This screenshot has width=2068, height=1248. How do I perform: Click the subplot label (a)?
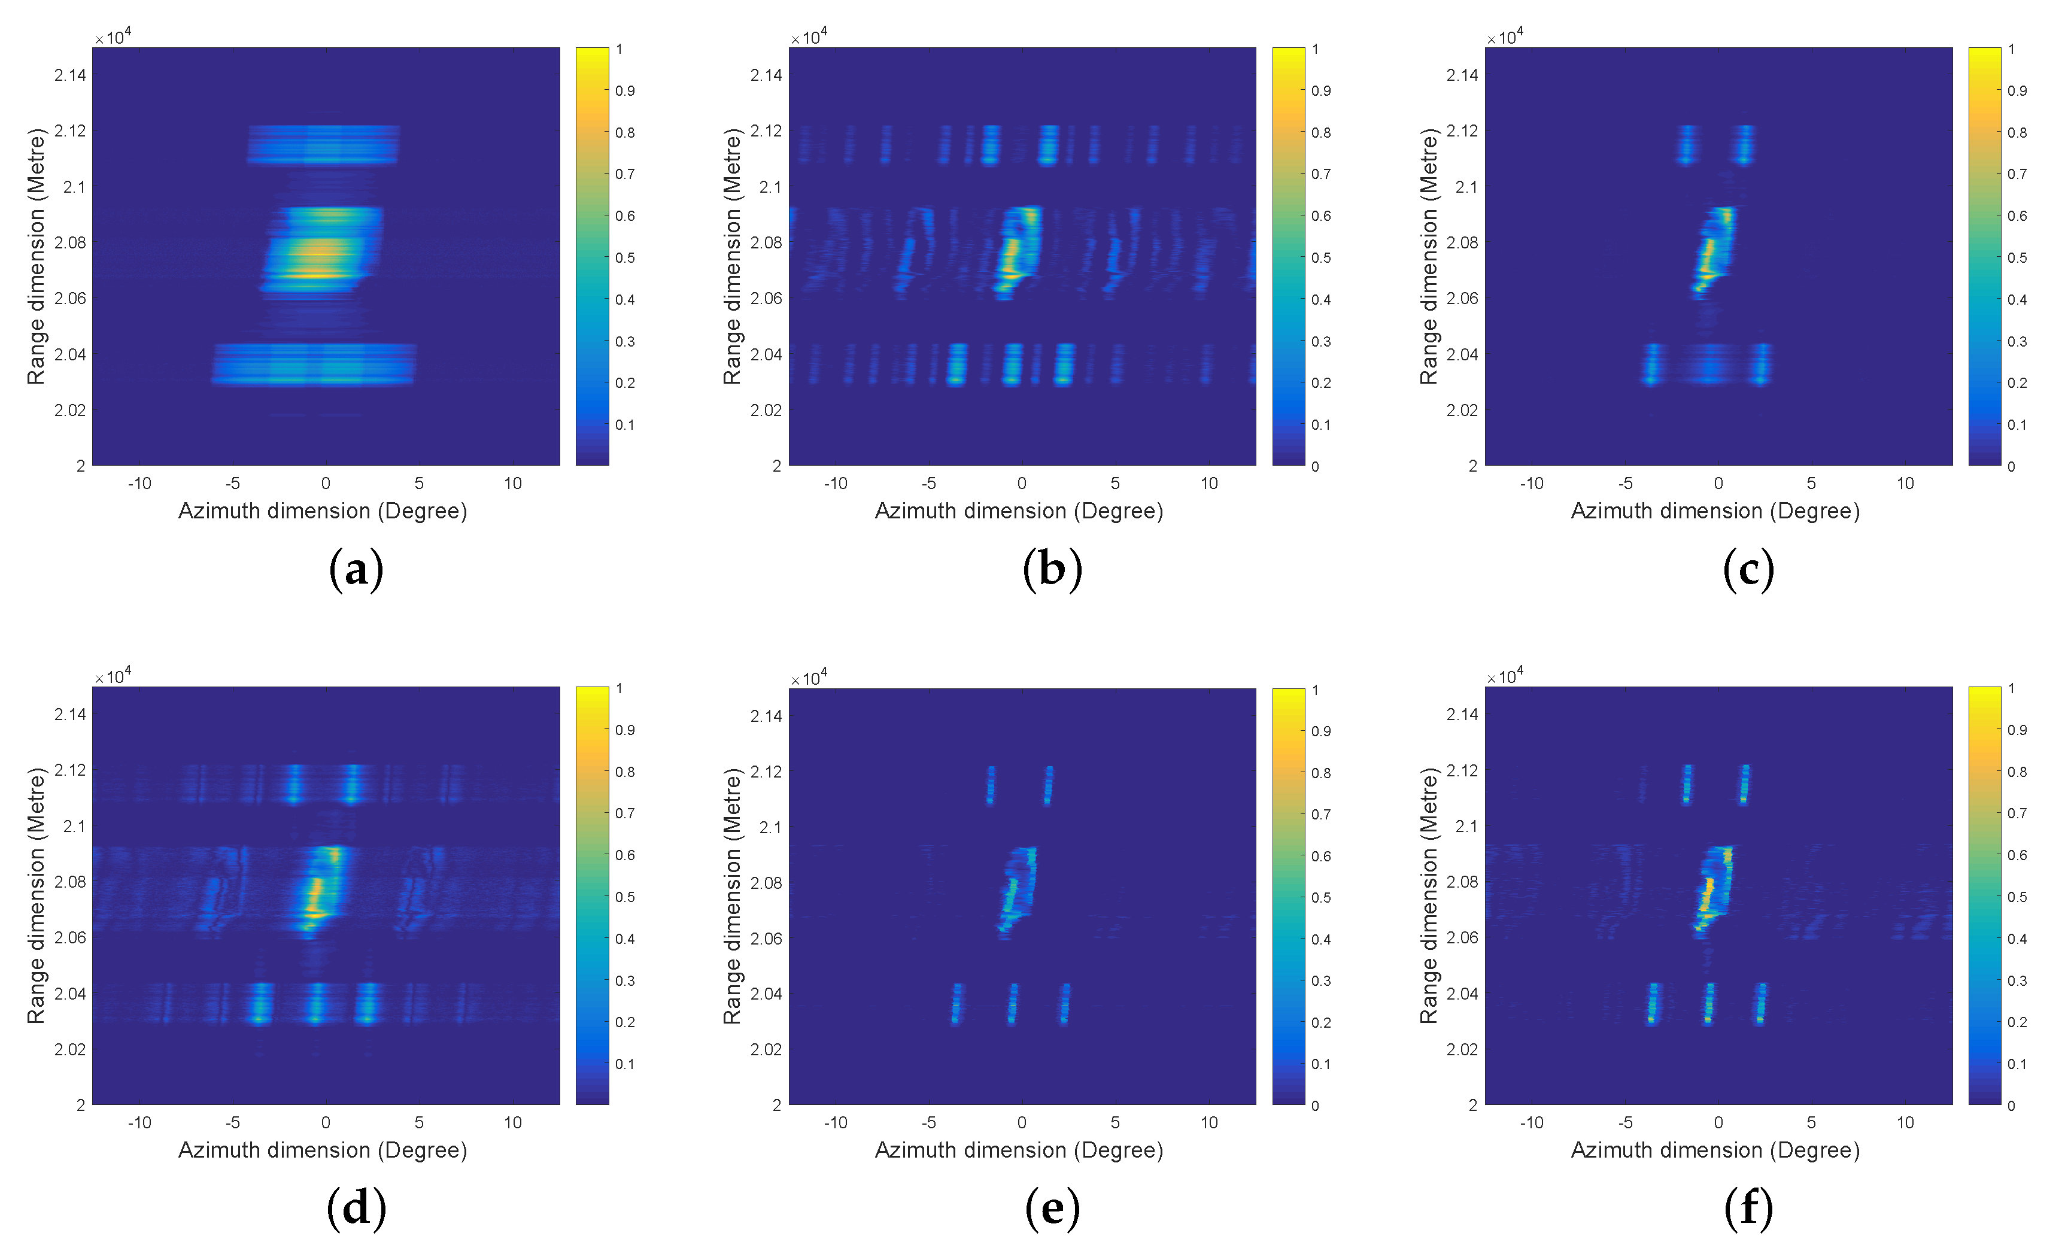click(x=356, y=570)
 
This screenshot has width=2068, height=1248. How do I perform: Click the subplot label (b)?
click(x=1052, y=570)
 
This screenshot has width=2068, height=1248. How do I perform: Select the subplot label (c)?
click(x=1748, y=570)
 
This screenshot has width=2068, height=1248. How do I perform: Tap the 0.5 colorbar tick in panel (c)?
click(x=2017, y=257)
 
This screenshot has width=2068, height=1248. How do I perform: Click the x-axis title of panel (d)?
click(x=322, y=1150)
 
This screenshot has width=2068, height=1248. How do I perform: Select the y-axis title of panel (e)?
click(x=732, y=895)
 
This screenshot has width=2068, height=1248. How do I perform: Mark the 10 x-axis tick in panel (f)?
click(x=1905, y=1123)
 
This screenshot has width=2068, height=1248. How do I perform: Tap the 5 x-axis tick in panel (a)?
click(x=419, y=484)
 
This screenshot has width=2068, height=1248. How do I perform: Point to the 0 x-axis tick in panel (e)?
click(x=1021, y=1123)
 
